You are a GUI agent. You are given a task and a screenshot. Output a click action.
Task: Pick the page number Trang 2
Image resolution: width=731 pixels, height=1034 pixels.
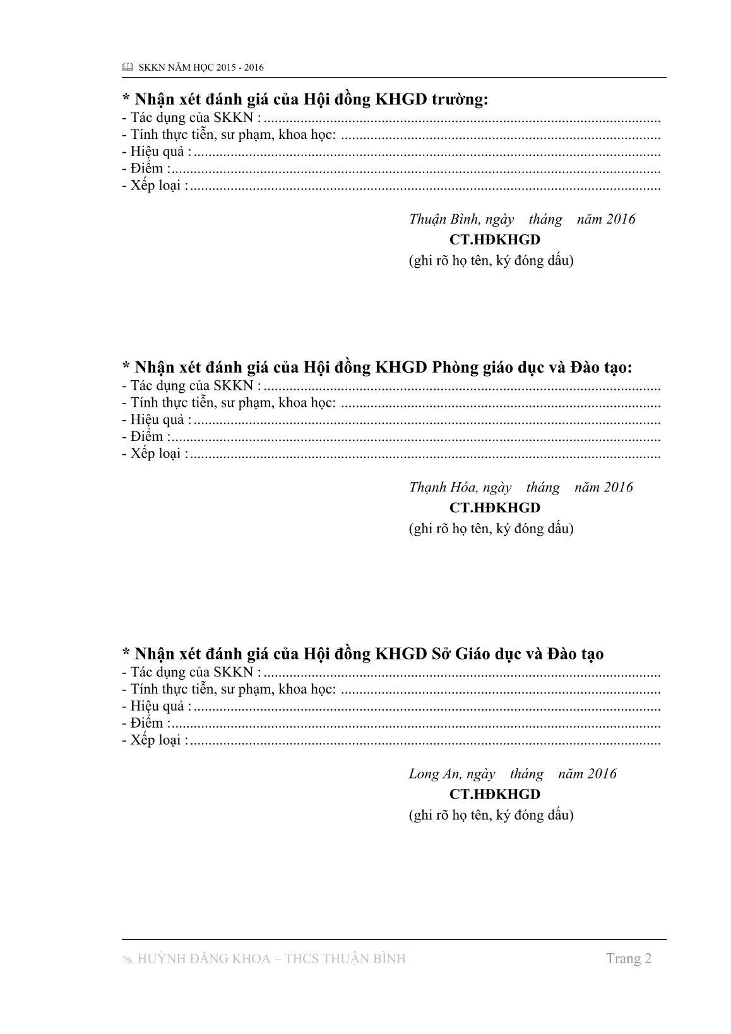point(628,959)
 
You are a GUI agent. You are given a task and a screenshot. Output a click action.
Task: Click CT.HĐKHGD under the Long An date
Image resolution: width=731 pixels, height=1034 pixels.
point(495,794)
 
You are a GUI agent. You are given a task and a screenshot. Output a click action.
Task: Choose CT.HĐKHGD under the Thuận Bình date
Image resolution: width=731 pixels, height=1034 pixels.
point(495,240)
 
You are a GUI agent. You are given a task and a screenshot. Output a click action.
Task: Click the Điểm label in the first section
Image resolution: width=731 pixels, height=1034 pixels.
point(146,169)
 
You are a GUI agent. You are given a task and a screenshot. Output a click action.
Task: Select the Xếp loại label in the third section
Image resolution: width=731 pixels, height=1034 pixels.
point(155,740)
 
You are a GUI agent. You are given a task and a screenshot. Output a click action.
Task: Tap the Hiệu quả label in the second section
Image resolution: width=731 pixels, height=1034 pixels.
point(157,419)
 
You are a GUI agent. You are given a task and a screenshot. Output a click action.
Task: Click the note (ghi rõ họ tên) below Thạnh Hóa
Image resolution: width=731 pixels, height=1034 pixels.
point(491,529)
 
